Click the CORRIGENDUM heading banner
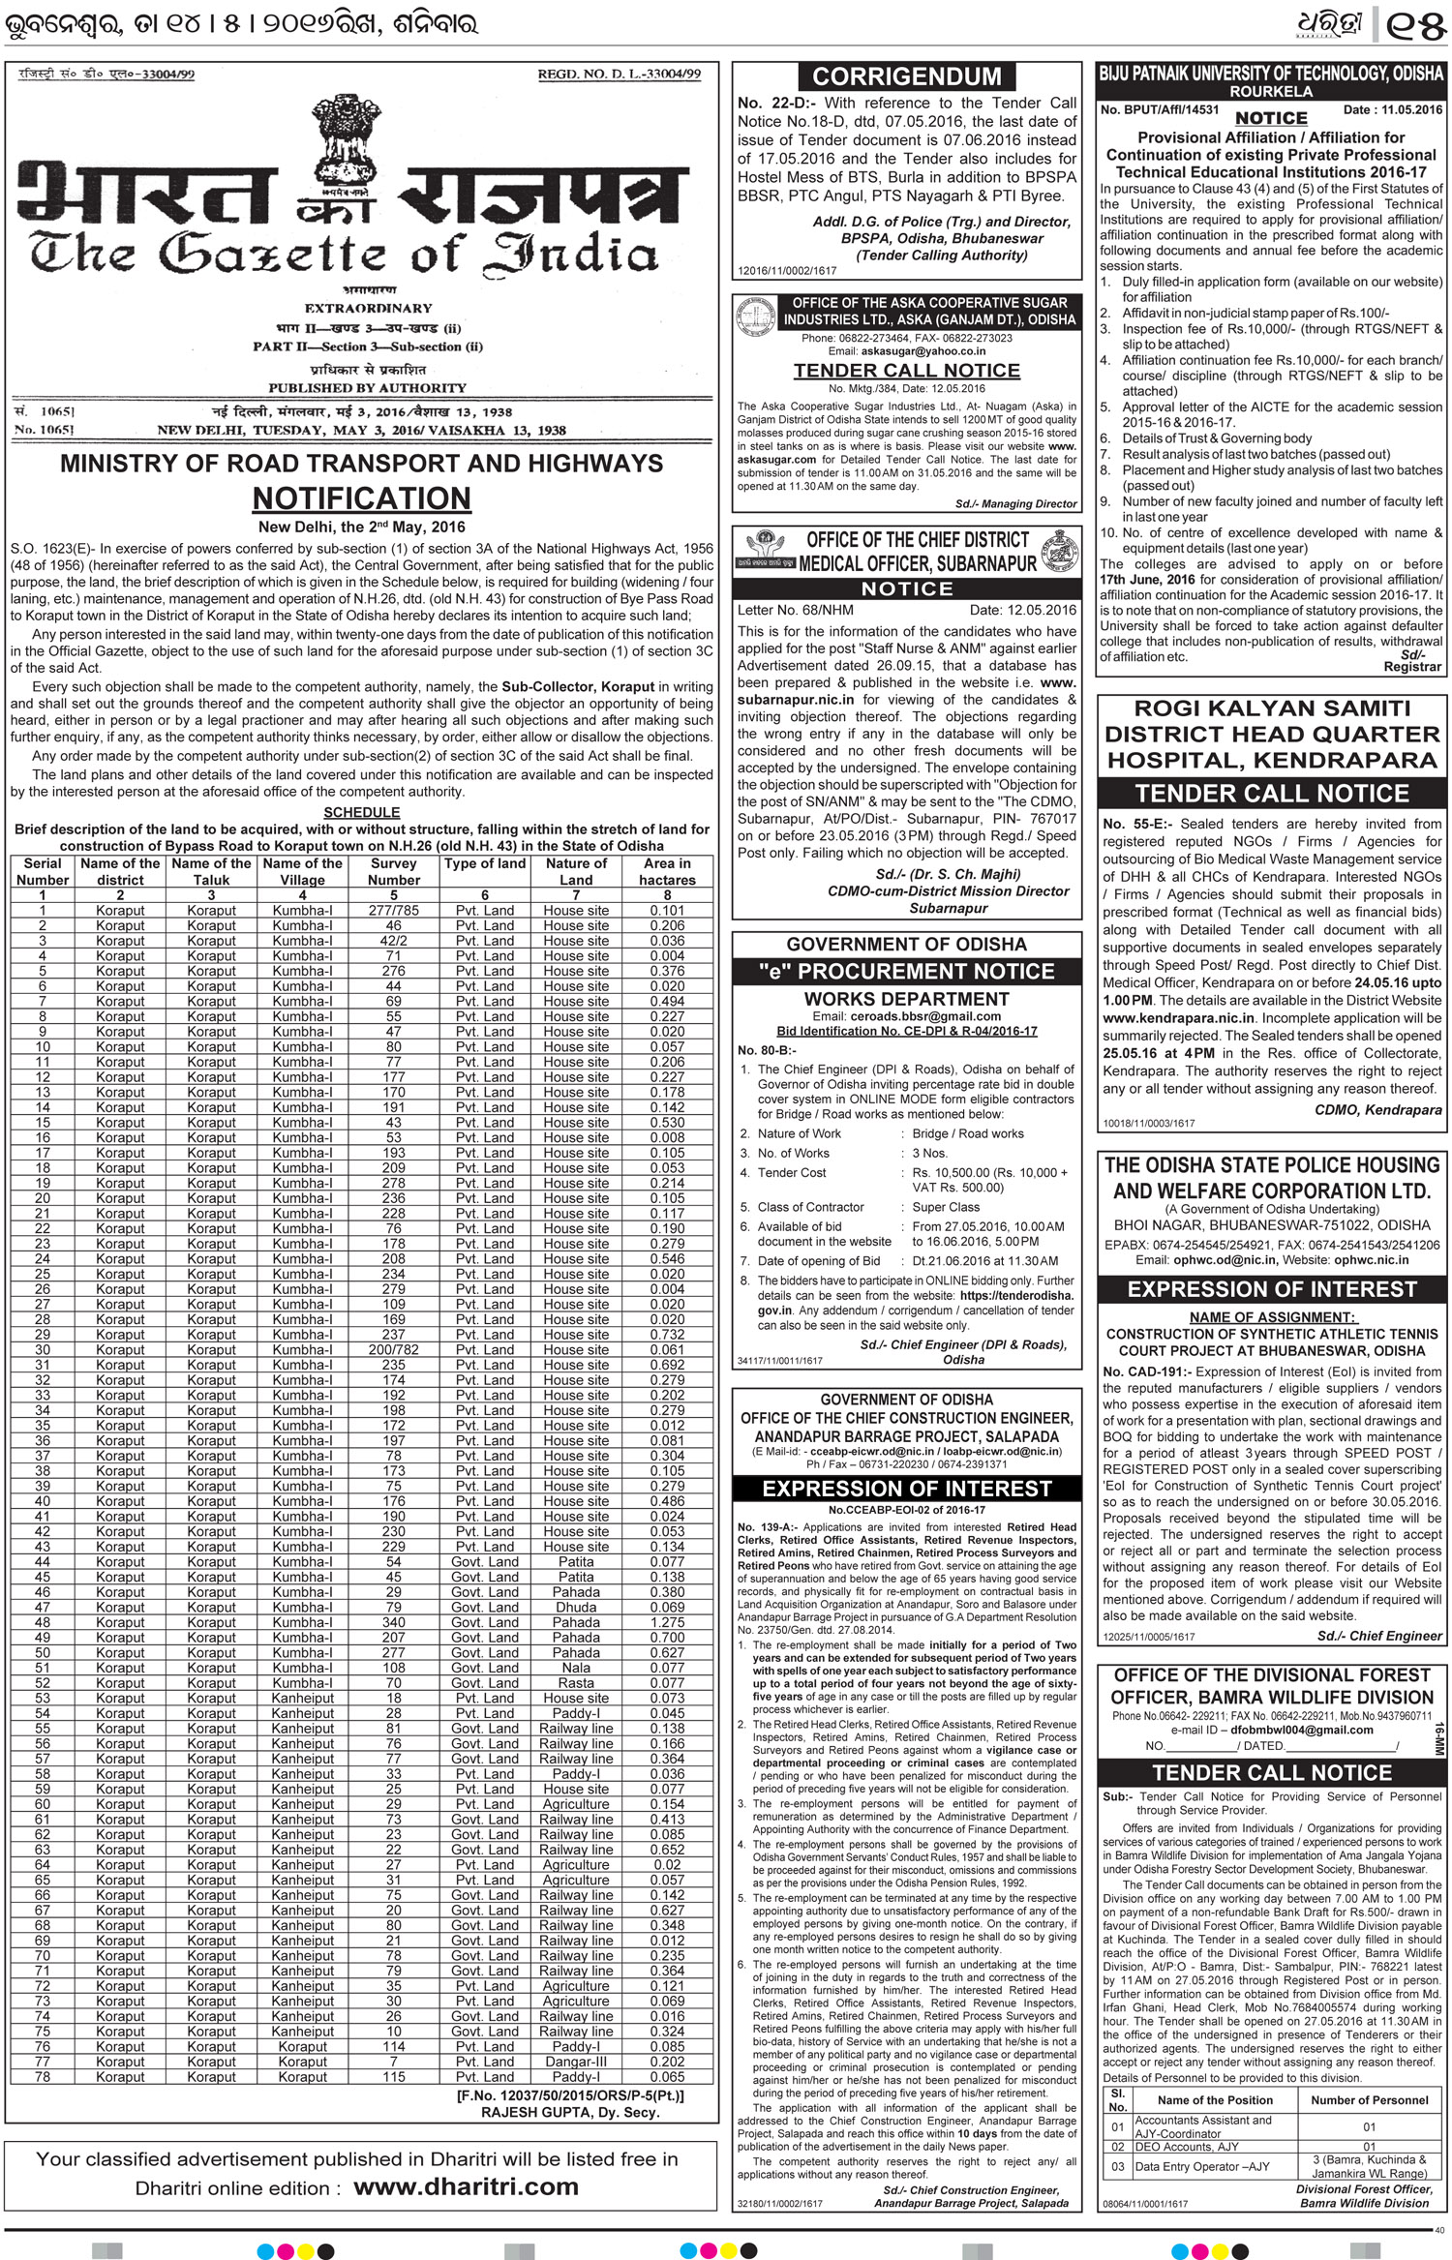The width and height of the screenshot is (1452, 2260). [907, 77]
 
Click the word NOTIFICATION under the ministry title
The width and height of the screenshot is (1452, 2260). [362, 498]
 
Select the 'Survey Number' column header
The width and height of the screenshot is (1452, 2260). [393, 871]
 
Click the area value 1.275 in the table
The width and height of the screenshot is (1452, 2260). [667, 1622]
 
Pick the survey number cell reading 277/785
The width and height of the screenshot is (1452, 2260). [393, 911]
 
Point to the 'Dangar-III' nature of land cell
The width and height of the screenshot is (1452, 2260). [576, 2062]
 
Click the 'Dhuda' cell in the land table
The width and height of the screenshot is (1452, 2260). [576, 1607]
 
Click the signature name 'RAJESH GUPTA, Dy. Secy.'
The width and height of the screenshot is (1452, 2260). [570, 2113]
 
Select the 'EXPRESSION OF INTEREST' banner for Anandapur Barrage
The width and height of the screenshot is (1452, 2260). [907, 1489]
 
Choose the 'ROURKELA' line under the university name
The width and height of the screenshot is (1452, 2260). [1271, 91]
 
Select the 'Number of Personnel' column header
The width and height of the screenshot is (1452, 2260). [1369, 2100]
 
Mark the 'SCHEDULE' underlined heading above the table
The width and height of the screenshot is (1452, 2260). [361, 813]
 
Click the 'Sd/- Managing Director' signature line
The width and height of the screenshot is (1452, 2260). [1015, 503]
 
